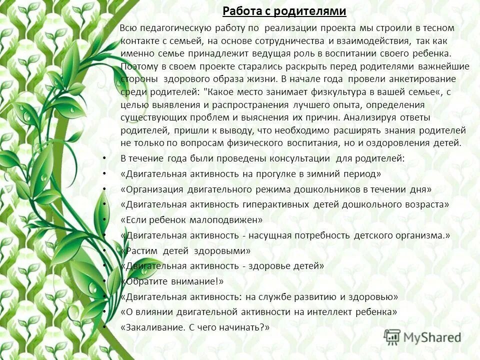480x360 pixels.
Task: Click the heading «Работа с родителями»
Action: click(284, 11)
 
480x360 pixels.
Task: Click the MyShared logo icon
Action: click(392, 337)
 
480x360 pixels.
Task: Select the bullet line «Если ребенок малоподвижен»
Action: click(191, 219)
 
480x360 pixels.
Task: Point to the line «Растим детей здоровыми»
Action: click(185, 250)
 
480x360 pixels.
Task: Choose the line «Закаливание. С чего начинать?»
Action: click(195, 327)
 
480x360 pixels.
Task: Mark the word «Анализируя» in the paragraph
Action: click(365, 117)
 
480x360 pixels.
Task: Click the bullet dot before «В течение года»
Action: click(103, 158)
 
